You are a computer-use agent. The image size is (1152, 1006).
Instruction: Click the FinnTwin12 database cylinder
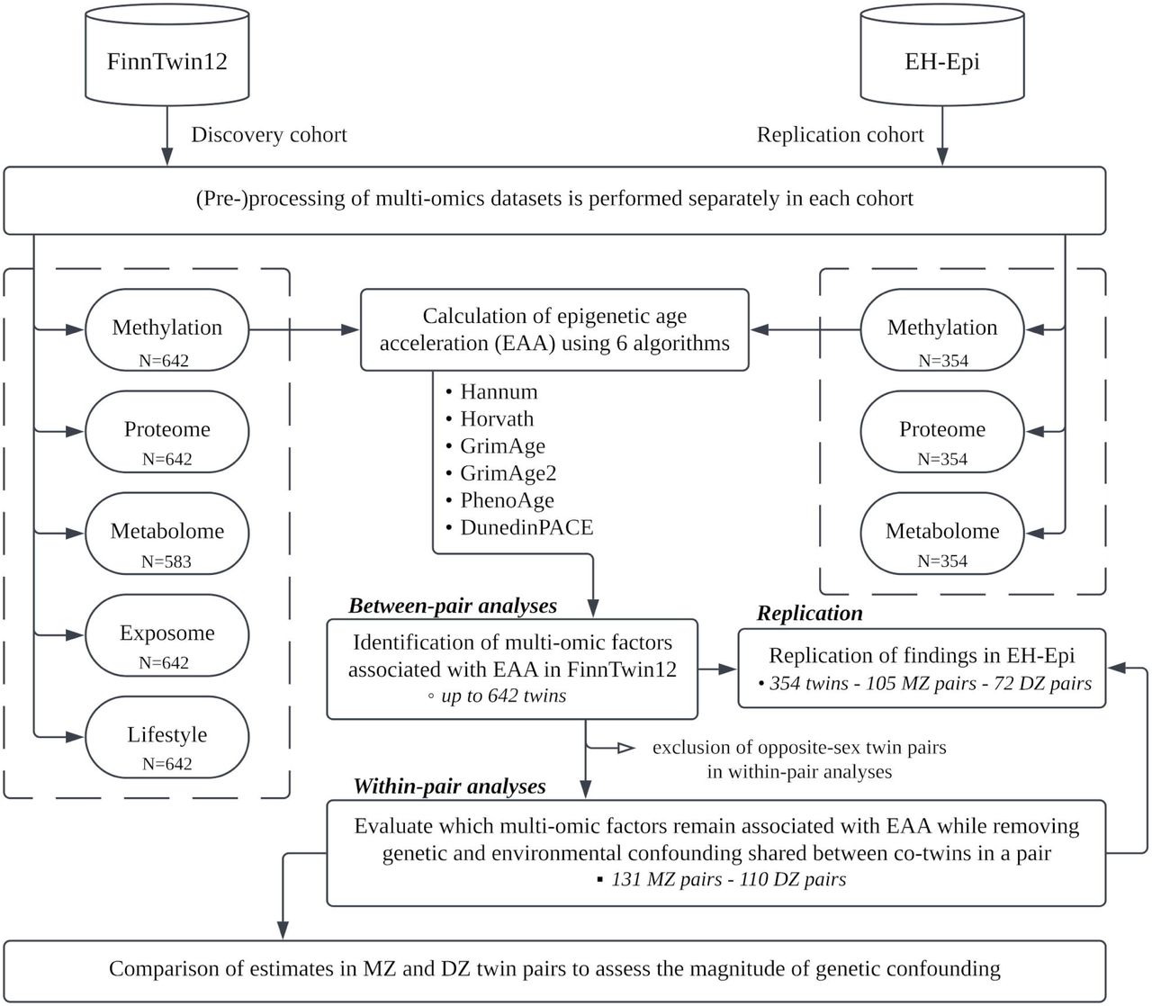(x=167, y=55)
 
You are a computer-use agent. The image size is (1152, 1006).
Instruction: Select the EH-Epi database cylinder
(x=942, y=55)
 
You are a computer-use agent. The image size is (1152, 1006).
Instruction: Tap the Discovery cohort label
(x=269, y=135)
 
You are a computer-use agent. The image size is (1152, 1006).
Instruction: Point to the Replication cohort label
(x=840, y=135)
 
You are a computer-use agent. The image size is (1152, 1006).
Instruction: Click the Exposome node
(x=167, y=635)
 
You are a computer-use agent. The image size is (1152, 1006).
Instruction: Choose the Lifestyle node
(x=167, y=737)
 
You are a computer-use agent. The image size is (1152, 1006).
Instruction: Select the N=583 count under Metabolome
(x=166, y=561)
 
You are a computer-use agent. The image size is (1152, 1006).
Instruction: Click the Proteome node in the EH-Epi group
(x=942, y=432)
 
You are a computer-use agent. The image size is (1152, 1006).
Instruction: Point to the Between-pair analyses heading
(x=453, y=606)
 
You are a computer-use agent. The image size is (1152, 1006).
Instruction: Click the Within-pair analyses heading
(x=449, y=786)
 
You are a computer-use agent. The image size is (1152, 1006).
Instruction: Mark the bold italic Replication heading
(x=810, y=613)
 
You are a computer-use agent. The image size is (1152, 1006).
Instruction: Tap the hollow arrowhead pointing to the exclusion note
(x=626, y=748)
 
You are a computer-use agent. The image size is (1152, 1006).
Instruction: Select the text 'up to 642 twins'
(x=504, y=696)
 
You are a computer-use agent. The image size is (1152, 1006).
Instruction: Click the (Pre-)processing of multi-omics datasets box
(x=554, y=201)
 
